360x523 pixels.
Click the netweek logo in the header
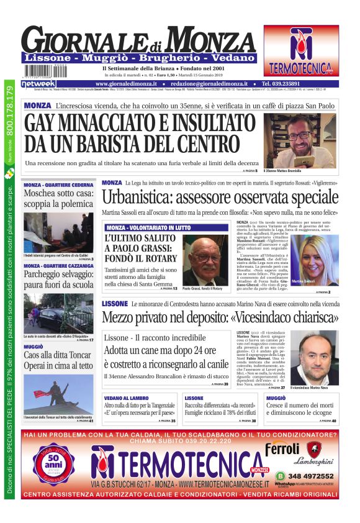[38, 83]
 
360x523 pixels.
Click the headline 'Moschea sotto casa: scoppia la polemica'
[58, 200]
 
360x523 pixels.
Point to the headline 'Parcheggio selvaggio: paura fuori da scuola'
[58, 281]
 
